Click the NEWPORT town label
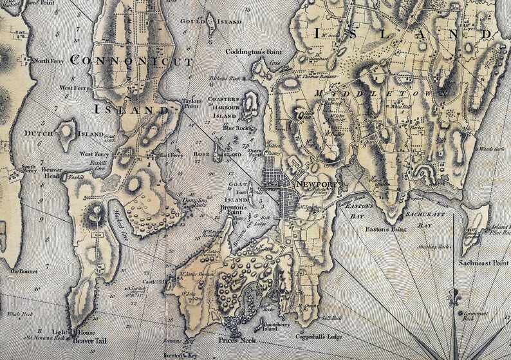(x=317, y=184)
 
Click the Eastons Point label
(x=386, y=229)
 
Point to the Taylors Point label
(x=192, y=104)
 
